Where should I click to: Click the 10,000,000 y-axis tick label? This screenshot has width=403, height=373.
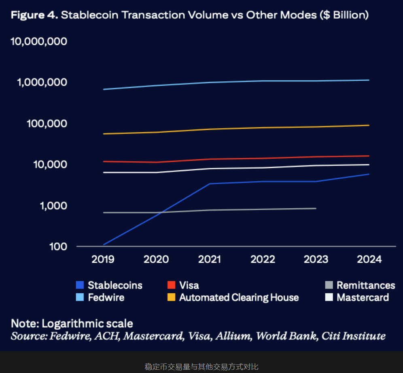click(39, 42)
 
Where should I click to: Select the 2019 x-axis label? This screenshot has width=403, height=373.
click(103, 259)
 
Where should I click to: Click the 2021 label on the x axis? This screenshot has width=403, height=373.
click(210, 259)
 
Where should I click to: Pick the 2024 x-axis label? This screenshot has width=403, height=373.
click(369, 259)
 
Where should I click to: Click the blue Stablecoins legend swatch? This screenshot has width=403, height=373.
click(80, 285)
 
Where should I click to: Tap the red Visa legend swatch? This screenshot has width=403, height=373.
click(171, 285)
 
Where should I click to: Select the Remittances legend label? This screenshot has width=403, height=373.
click(366, 285)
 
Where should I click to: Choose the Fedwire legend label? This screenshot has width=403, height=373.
click(106, 298)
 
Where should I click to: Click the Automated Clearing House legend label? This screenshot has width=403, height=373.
click(239, 298)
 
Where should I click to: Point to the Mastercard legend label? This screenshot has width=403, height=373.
click(363, 298)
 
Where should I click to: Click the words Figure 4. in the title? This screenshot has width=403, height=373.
click(34, 15)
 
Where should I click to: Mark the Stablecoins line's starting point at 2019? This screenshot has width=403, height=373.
click(104, 245)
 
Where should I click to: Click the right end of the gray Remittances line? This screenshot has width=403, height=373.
click(316, 208)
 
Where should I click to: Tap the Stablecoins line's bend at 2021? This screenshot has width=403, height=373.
click(210, 184)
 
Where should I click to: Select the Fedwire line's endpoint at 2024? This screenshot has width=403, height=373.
click(369, 80)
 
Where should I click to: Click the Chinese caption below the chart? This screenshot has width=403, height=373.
click(201, 367)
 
